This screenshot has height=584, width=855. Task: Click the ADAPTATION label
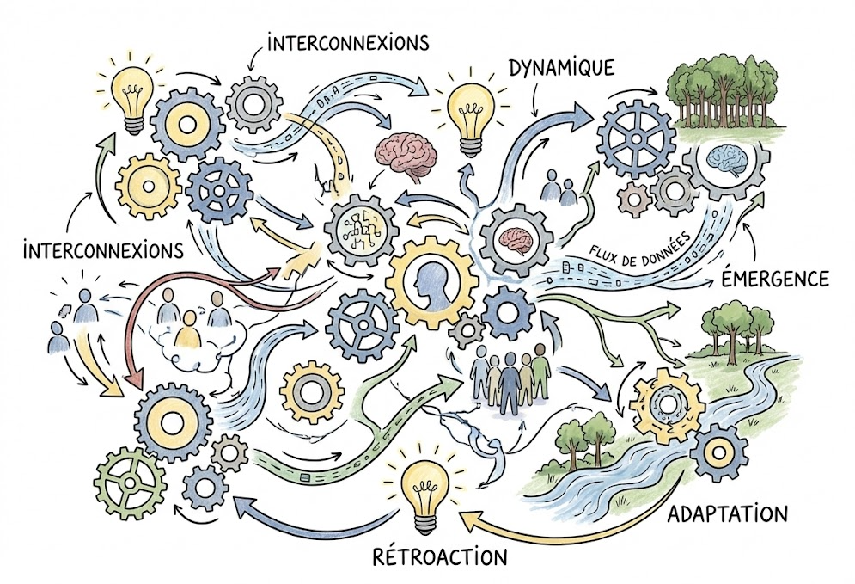727,513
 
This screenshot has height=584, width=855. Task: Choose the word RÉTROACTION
440,555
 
